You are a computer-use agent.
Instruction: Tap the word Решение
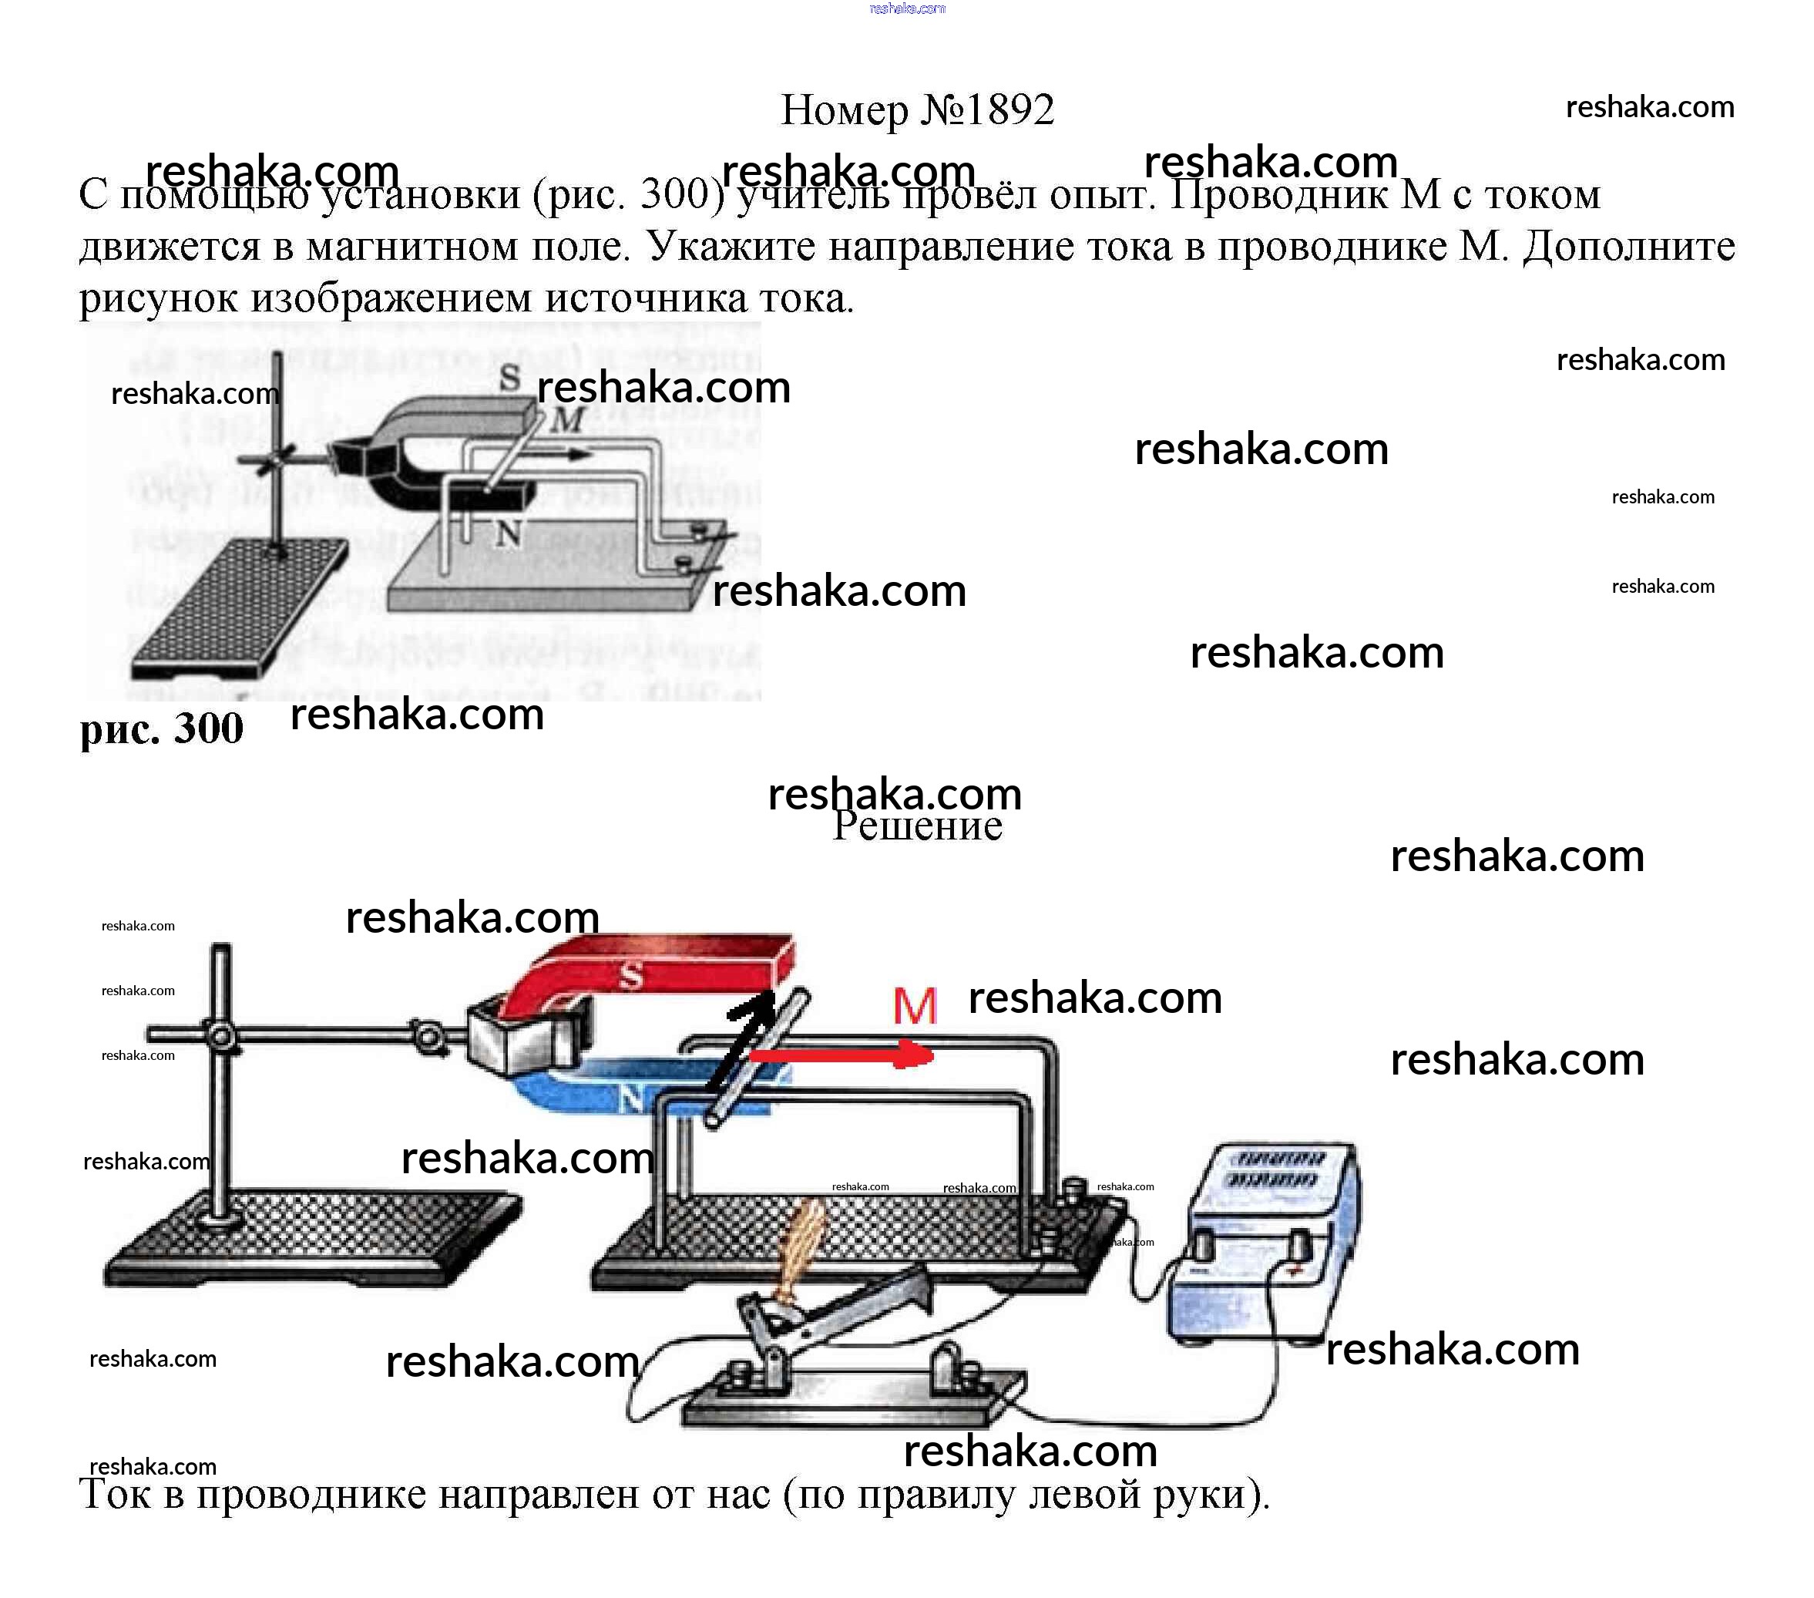[x=917, y=826]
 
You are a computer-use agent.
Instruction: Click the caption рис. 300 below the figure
[x=162, y=729]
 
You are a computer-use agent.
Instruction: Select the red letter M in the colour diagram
[x=914, y=1006]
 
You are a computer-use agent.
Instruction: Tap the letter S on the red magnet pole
[x=630, y=977]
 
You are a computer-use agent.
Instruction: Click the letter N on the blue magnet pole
[x=630, y=1101]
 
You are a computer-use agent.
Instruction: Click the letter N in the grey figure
[x=509, y=534]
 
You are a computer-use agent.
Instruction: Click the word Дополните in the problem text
[x=1628, y=247]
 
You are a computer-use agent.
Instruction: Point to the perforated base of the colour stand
[x=311, y=1239]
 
